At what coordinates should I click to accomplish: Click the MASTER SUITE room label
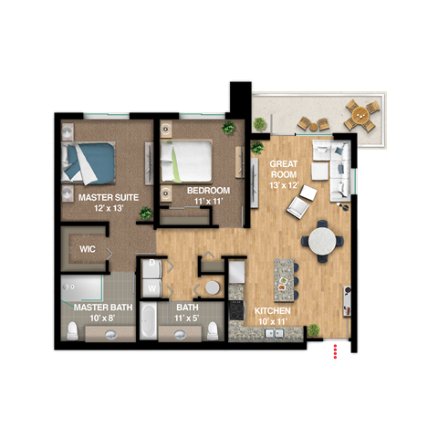coord(101,196)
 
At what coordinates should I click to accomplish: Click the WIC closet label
coord(88,247)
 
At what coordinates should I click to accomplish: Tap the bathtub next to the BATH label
coord(148,321)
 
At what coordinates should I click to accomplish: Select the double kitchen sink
coord(273,334)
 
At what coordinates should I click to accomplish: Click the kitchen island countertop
coord(286,278)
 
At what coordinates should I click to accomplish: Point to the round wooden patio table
coord(360,116)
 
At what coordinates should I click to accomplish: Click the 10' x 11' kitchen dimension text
coord(272,321)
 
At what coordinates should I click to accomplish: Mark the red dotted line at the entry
coord(337,351)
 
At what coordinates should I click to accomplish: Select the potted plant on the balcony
coord(259,123)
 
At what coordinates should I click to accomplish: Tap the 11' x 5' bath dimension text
coord(186,318)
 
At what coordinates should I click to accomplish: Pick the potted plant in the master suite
coord(144,214)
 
